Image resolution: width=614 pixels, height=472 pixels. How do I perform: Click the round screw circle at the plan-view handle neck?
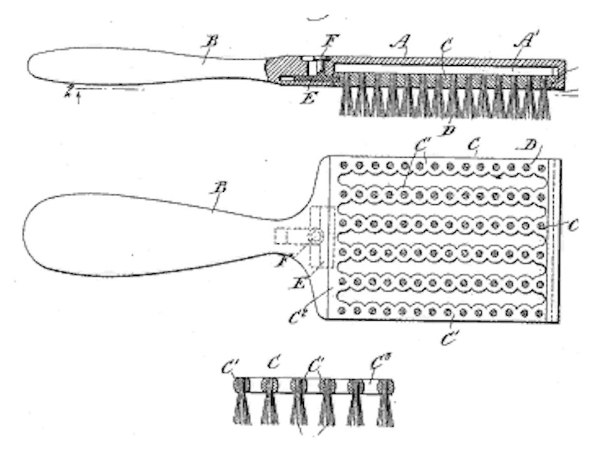(316, 236)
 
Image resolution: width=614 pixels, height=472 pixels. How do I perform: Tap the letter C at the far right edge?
(575, 224)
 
